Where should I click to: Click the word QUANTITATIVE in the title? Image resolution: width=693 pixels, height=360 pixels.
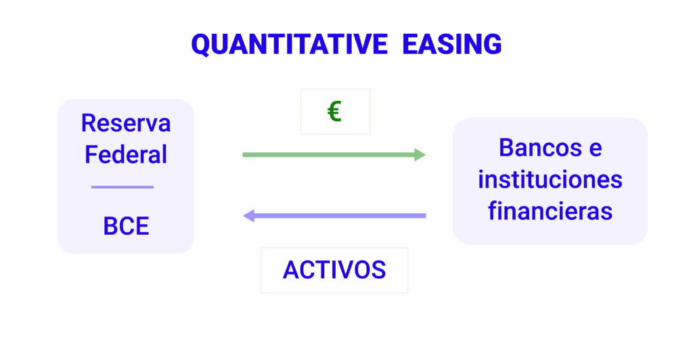(x=289, y=45)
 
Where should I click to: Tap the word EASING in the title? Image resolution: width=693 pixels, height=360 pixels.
(x=451, y=44)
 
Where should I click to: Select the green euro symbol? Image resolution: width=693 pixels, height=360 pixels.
(x=334, y=111)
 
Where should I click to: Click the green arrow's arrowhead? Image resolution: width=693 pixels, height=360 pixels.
(x=420, y=154)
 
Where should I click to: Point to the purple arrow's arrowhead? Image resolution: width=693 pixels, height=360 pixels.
(x=249, y=216)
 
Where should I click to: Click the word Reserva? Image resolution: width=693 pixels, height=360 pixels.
(x=126, y=122)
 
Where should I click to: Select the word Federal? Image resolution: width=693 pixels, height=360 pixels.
(x=126, y=154)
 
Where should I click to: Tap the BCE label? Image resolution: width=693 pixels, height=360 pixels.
(x=126, y=226)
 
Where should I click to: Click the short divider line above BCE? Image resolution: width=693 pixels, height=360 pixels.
(x=122, y=187)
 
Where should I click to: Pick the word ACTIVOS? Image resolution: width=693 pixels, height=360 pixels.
(x=334, y=270)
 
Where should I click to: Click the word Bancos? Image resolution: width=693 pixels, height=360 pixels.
(x=540, y=148)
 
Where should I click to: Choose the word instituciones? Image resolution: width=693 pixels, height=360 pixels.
(x=550, y=180)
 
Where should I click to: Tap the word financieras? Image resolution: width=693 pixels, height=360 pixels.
(x=550, y=210)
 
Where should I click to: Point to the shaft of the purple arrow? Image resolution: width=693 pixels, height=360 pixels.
(x=340, y=216)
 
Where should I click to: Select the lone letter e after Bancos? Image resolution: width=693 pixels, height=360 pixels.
(x=596, y=150)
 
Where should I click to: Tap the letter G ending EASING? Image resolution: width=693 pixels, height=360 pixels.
(x=492, y=44)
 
